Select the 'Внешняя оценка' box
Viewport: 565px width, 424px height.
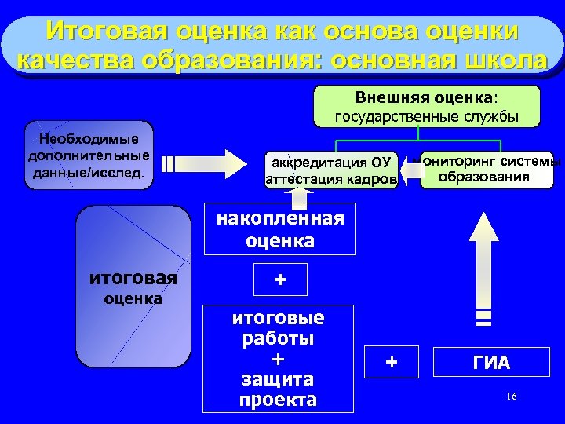[x=427, y=107]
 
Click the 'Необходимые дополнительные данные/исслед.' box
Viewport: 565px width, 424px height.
[x=89, y=155]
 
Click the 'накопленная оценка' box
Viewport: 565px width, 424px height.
[x=279, y=229]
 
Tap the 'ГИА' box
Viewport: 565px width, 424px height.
[x=490, y=363]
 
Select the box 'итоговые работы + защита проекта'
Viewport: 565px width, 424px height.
[x=279, y=360]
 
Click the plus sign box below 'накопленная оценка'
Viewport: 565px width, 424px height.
[x=279, y=279]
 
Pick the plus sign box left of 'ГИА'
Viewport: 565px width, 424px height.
[x=392, y=362]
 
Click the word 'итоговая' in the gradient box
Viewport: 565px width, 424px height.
[x=133, y=278]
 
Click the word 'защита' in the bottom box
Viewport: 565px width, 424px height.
[x=279, y=379]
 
